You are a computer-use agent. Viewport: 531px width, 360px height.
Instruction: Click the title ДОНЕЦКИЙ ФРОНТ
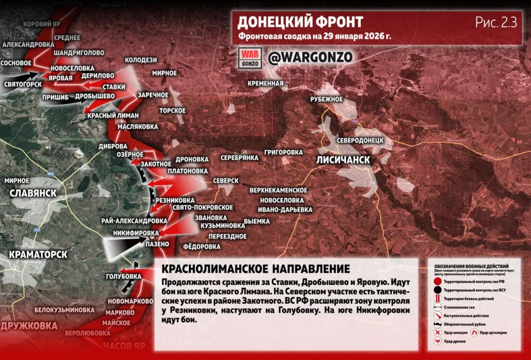coord(300,22)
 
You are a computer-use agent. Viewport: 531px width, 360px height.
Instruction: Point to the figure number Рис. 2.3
coord(496,22)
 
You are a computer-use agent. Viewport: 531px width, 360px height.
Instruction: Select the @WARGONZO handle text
coord(310,57)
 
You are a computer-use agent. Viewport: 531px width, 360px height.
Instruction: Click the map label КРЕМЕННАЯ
coord(265,84)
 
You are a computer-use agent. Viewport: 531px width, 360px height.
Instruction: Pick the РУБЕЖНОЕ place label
coord(326,99)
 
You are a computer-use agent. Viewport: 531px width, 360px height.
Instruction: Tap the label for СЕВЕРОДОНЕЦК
coord(360,141)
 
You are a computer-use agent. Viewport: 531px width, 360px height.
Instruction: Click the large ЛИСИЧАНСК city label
coord(343,160)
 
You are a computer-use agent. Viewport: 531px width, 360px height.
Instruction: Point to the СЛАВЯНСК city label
coord(32,193)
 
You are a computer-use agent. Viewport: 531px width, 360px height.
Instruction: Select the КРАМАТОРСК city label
coord(38,255)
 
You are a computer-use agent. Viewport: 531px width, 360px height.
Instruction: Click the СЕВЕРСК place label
coord(225,181)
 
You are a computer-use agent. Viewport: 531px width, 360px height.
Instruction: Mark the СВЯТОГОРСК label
coord(23,84)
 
